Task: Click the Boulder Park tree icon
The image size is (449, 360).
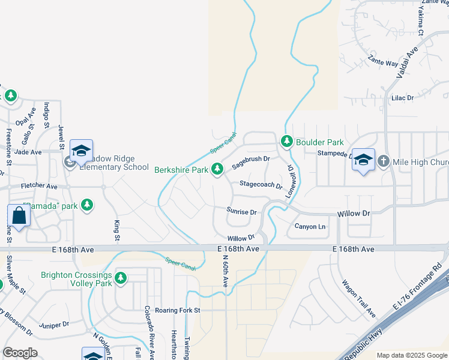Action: [x=286, y=142]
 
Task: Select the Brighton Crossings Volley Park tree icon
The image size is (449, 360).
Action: [x=121, y=278]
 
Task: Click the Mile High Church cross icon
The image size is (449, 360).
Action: [x=382, y=161]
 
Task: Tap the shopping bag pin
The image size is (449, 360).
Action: [x=19, y=217]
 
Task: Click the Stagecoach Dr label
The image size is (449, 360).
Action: [x=261, y=185]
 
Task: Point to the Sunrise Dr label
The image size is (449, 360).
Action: [x=241, y=211]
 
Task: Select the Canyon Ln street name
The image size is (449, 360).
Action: [x=310, y=226]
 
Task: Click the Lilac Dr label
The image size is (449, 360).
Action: [x=402, y=97]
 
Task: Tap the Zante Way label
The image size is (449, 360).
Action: [x=383, y=62]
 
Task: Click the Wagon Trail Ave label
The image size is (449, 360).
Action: [x=358, y=299]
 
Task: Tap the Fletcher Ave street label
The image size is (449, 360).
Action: [x=39, y=187]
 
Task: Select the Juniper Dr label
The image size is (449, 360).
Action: [x=54, y=325]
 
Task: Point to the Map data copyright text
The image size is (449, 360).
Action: [x=411, y=355]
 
